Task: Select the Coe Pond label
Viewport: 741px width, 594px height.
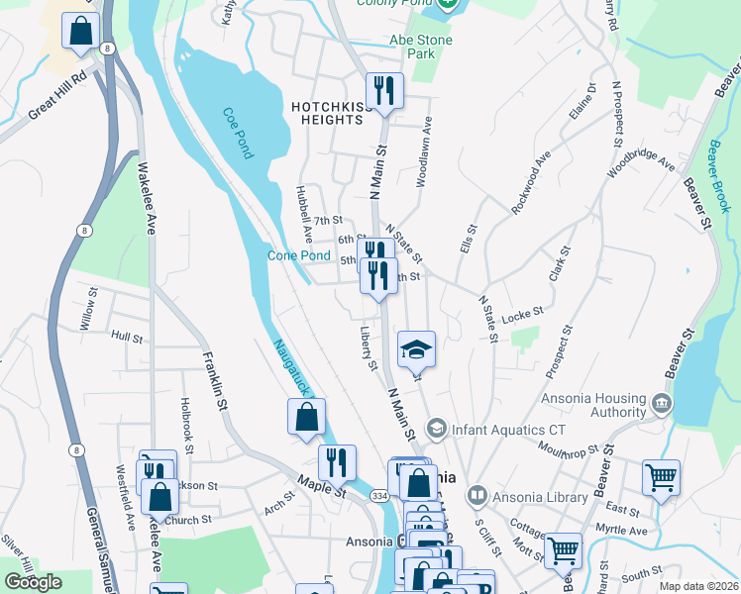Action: point(239,133)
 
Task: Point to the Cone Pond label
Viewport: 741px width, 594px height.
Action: point(299,255)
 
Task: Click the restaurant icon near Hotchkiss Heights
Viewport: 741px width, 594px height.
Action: point(383,92)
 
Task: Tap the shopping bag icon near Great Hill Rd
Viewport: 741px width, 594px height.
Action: point(79,32)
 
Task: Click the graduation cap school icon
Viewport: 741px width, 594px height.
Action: point(417,348)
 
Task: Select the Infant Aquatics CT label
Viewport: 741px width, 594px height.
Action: point(494,429)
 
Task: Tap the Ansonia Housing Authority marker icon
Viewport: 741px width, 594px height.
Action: point(662,404)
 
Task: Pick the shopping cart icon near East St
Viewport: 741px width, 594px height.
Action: point(661,478)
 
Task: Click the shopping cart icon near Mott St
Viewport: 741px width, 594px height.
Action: point(563,549)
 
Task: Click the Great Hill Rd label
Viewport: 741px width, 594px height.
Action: point(58,96)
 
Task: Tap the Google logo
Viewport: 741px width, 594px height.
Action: point(33,582)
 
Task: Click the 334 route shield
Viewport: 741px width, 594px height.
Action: point(380,495)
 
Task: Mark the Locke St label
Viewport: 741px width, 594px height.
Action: point(522,314)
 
